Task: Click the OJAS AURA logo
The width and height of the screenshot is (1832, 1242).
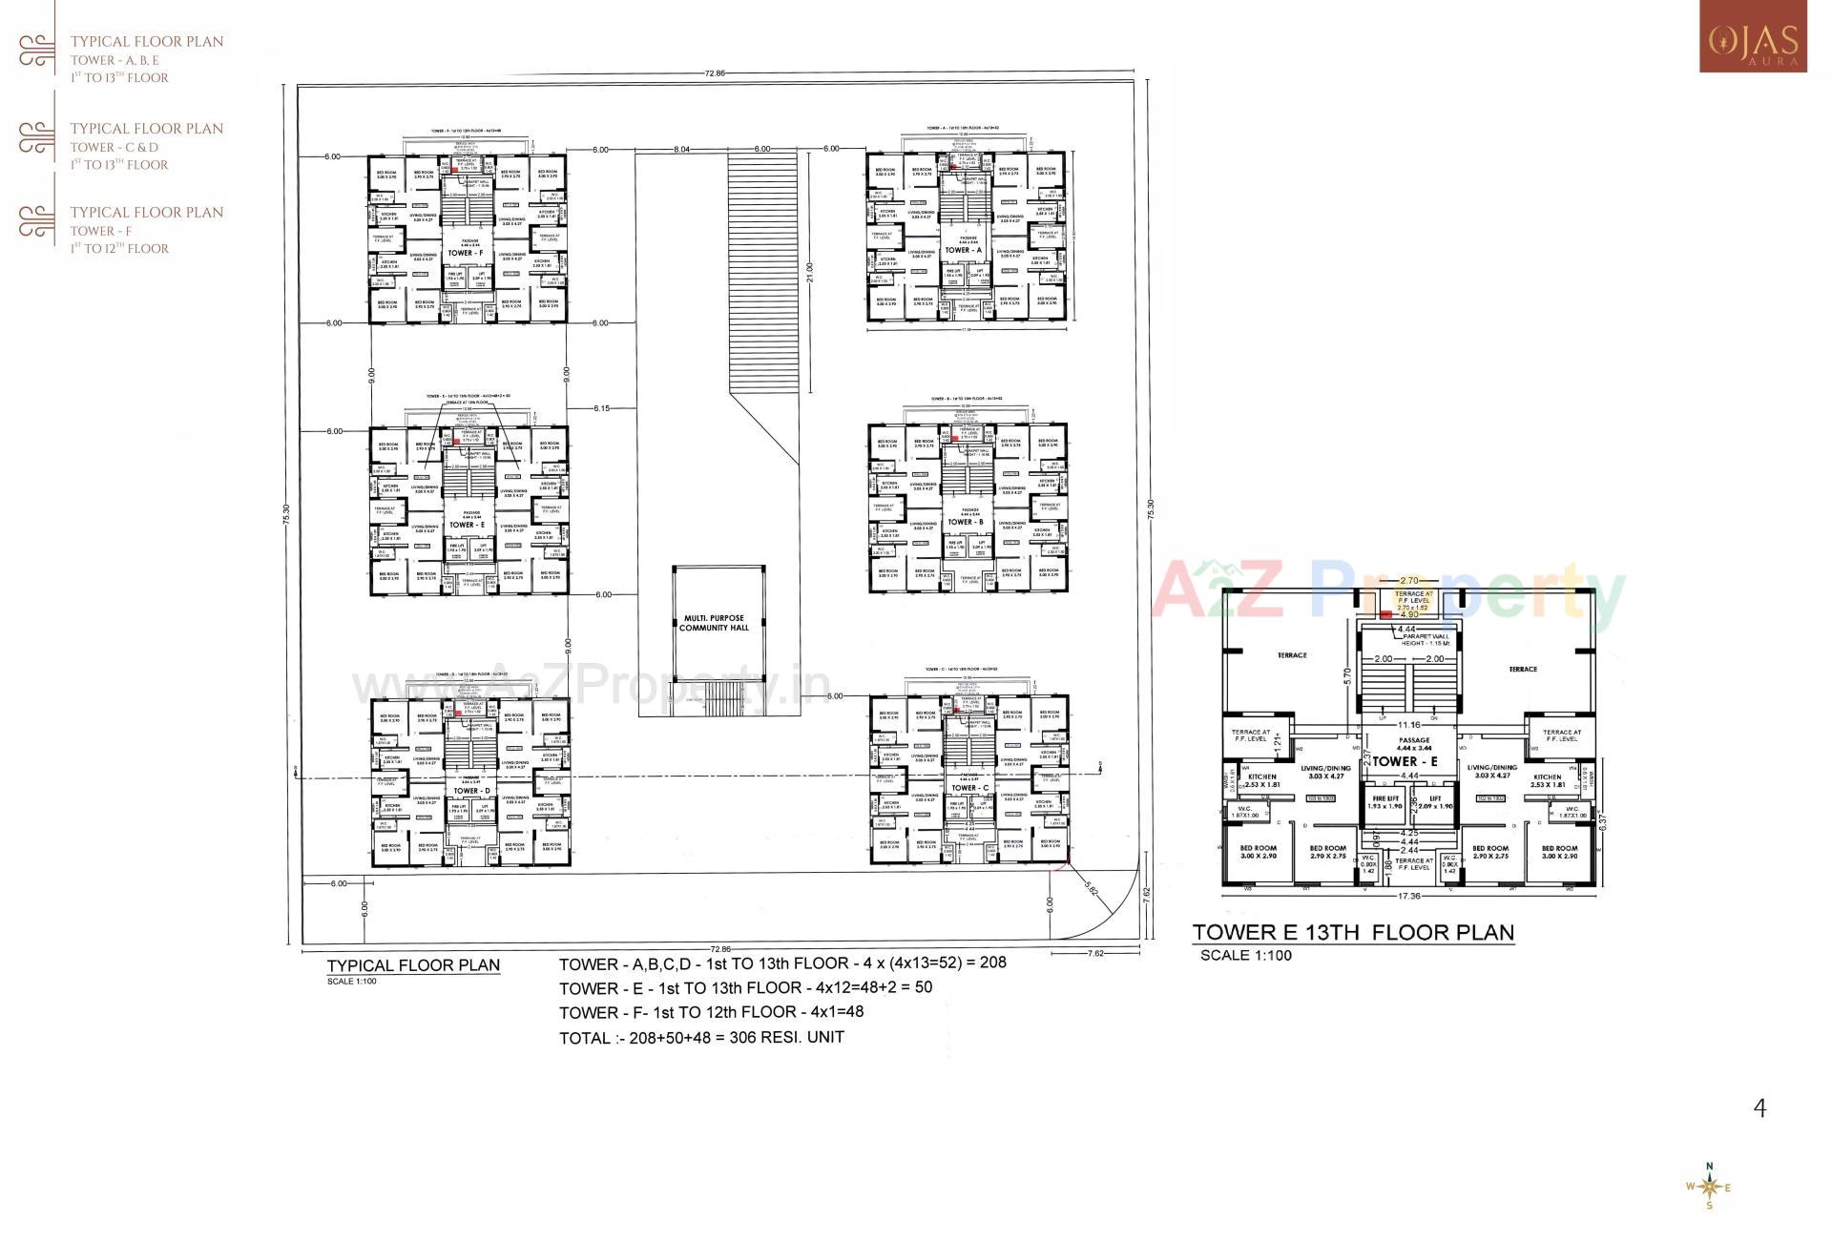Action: pos(1752,38)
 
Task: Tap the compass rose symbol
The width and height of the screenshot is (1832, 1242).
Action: pos(1709,1187)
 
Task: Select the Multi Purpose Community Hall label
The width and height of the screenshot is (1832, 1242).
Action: pos(714,623)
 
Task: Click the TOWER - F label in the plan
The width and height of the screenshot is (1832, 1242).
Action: pos(467,254)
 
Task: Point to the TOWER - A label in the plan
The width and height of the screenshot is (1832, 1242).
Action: pos(964,250)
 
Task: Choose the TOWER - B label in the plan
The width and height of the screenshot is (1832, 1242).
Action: pos(965,522)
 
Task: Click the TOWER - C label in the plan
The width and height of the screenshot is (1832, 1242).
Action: pos(966,788)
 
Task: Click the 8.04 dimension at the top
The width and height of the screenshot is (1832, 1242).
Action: pos(681,149)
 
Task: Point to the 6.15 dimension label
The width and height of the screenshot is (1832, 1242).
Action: pos(601,408)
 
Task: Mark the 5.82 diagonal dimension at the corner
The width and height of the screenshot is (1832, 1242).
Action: pos(1092,888)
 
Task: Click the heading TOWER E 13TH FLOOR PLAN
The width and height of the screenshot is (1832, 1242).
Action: pos(1353,932)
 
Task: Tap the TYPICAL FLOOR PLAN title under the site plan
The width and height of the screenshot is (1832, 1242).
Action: pos(413,964)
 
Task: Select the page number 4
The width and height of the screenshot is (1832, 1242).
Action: pos(1759,1107)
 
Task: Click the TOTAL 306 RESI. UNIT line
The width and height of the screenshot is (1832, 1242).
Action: pos(701,1037)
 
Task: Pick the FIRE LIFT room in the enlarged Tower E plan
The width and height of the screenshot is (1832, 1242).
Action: pos(1384,802)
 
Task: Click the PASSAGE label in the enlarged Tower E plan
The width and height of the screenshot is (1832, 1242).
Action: pos(1414,740)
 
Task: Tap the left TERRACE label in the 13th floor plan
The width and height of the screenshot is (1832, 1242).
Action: pos(1292,655)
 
